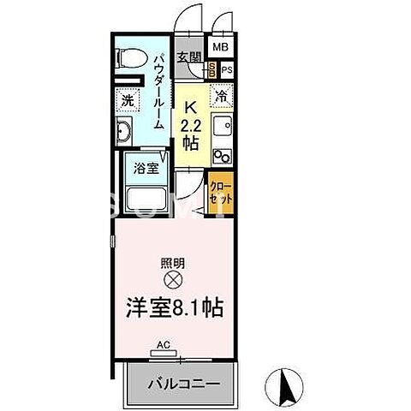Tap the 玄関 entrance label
(x=189, y=57)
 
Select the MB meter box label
(x=220, y=48)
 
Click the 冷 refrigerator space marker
(x=221, y=98)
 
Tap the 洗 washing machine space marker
(x=127, y=98)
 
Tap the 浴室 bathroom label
(x=145, y=169)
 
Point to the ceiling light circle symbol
(x=172, y=280)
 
